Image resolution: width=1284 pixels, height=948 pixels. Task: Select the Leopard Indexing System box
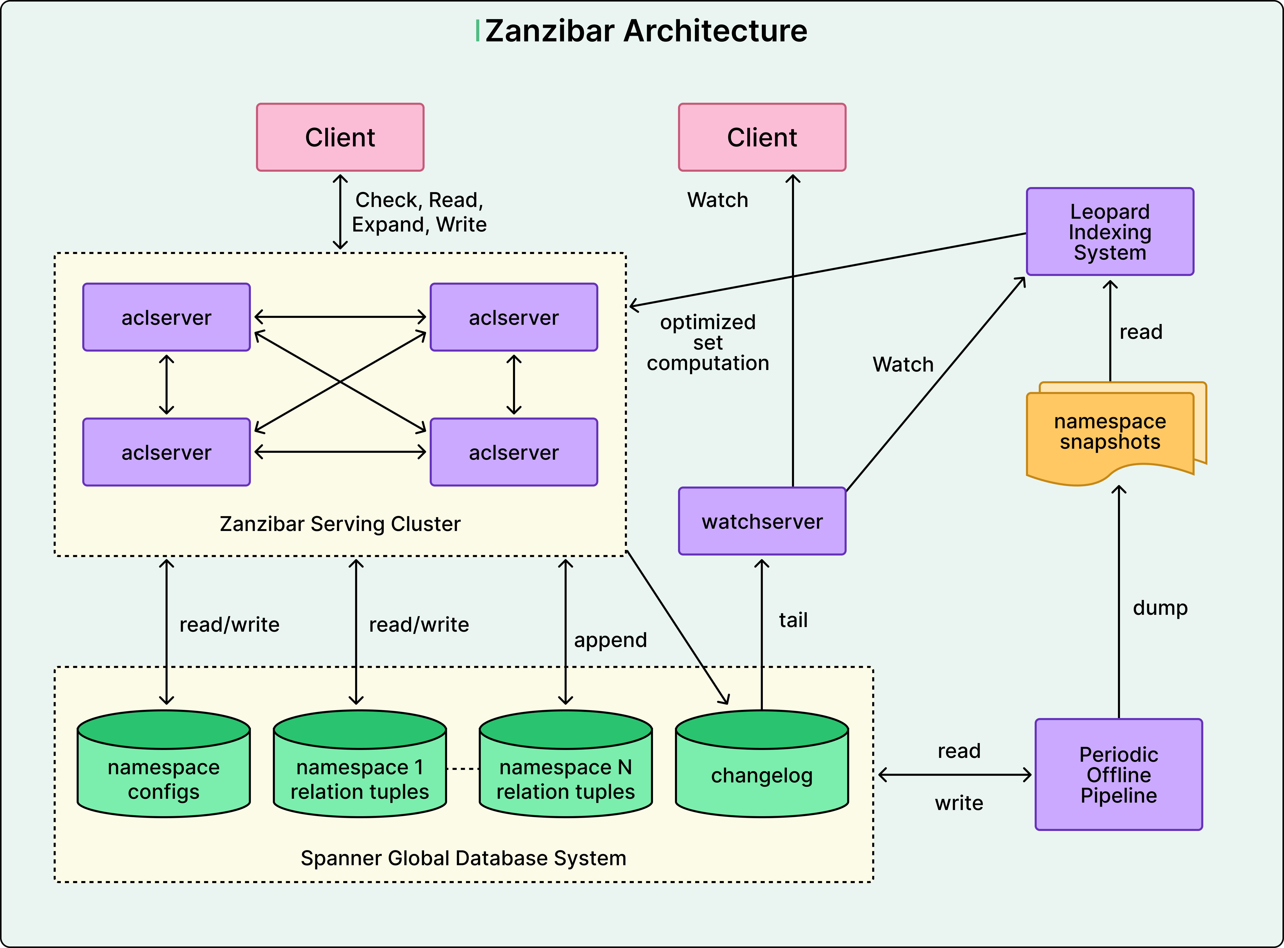1110,232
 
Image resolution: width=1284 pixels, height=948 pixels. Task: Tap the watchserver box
762,521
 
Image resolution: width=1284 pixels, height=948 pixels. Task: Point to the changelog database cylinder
762,769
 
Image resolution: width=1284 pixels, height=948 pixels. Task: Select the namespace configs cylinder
164,769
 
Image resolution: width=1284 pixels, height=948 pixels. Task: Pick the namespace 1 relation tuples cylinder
360,769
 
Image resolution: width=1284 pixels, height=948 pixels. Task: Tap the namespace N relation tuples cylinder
566,769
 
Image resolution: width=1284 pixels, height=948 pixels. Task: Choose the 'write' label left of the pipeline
959,803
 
